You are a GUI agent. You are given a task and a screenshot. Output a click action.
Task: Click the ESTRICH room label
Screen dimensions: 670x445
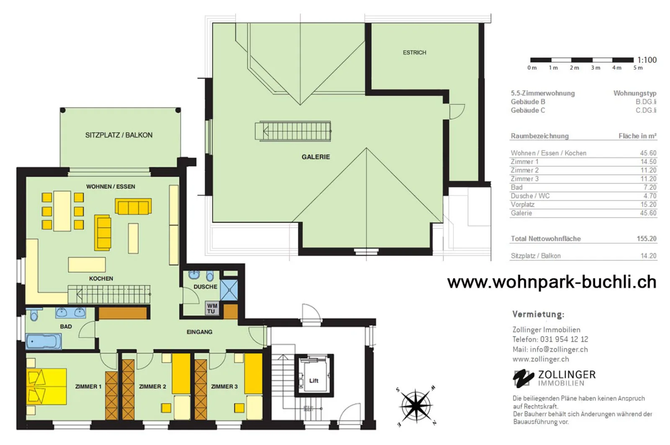click(x=414, y=53)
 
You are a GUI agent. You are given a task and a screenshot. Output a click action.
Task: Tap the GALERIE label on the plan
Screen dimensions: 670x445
click(x=316, y=157)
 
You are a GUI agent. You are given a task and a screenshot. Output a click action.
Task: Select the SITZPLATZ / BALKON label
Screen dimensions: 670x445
click(x=119, y=135)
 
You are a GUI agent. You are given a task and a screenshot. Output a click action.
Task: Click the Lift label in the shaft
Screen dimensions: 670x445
click(x=314, y=381)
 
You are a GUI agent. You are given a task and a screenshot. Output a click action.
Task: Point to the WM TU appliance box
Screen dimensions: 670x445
click(x=212, y=309)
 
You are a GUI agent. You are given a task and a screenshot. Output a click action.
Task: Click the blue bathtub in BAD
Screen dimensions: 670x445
click(x=44, y=341)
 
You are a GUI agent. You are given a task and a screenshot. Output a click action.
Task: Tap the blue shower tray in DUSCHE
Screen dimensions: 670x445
click(x=229, y=290)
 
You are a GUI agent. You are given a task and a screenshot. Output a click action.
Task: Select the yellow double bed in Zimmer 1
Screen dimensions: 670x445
click(x=46, y=387)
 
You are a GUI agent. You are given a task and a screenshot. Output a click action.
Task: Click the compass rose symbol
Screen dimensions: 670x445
click(x=416, y=406)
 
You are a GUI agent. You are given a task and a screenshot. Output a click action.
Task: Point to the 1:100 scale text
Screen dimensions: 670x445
click(x=647, y=60)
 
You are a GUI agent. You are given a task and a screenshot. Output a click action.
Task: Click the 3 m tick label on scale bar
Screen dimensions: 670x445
click(x=595, y=68)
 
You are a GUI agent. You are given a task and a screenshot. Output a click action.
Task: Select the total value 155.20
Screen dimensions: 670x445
click(x=647, y=239)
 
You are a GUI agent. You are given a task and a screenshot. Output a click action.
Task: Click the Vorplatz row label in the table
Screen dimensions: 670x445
click(x=523, y=205)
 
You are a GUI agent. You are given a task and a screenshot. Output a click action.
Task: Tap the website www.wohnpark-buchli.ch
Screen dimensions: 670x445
click(x=552, y=282)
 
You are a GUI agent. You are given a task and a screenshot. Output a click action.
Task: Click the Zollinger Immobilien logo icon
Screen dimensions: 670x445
click(x=523, y=378)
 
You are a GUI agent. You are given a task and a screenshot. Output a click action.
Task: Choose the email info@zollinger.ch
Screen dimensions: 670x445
click(x=559, y=349)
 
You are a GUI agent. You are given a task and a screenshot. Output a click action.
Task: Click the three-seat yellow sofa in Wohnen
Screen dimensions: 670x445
click(x=134, y=206)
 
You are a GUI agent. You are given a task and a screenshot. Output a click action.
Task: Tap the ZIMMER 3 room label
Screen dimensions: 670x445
click(x=224, y=387)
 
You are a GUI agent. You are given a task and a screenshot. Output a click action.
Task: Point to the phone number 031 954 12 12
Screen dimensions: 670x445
click(x=564, y=340)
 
